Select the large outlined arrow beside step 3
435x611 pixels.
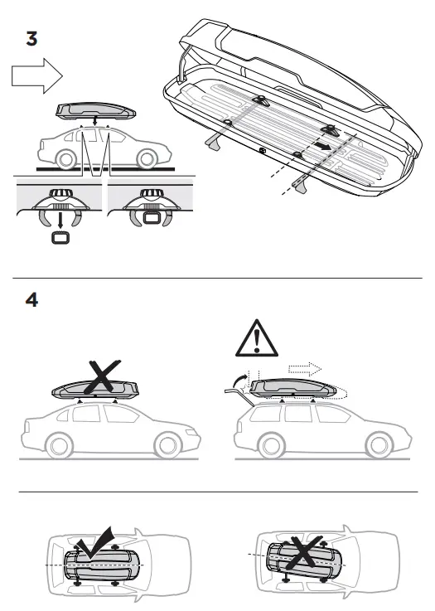37,77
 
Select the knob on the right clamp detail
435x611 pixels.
152,196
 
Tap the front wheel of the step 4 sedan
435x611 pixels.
57,445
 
